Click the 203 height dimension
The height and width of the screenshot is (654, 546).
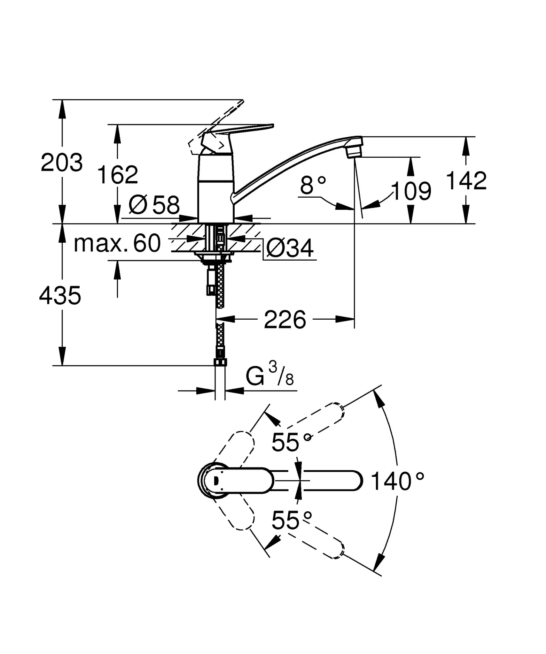coord(62,163)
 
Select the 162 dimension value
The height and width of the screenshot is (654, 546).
coord(117,175)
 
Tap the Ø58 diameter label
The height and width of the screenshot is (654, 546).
coord(154,205)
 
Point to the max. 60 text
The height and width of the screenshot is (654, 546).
coord(117,243)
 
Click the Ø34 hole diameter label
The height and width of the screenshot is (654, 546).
coord(290,248)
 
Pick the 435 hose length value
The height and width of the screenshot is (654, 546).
coord(60,295)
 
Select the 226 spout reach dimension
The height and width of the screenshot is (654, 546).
coord(285,320)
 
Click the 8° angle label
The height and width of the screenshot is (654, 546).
coord(313,185)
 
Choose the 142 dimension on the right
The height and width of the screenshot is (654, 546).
coord(466,181)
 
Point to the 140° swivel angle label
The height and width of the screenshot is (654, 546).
coord(397,482)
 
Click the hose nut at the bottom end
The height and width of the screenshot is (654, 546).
coord(220,362)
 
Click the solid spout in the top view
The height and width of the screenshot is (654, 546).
coord(332,480)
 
